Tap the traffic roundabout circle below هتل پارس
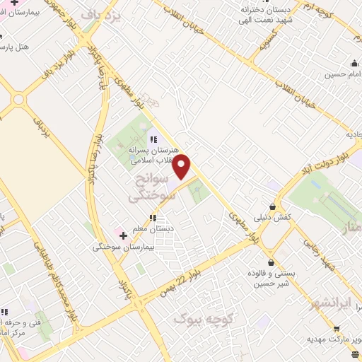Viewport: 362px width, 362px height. (18, 100)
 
